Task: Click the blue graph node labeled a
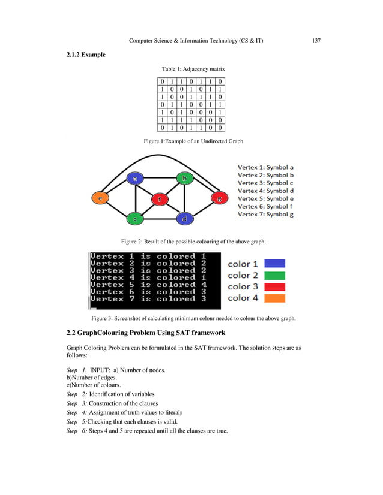tap(136, 178)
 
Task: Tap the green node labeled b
tap(185, 178)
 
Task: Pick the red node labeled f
tap(159, 198)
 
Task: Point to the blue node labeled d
tap(185, 219)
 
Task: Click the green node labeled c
tap(136, 219)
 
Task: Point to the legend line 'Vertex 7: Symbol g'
tap(265, 214)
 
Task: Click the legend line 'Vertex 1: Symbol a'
tap(265, 167)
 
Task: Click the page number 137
tap(316, 40)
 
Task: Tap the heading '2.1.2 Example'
tap(86, 55)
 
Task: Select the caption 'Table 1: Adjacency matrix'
tap(193, 70)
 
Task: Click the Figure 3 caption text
tap(193, 318)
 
